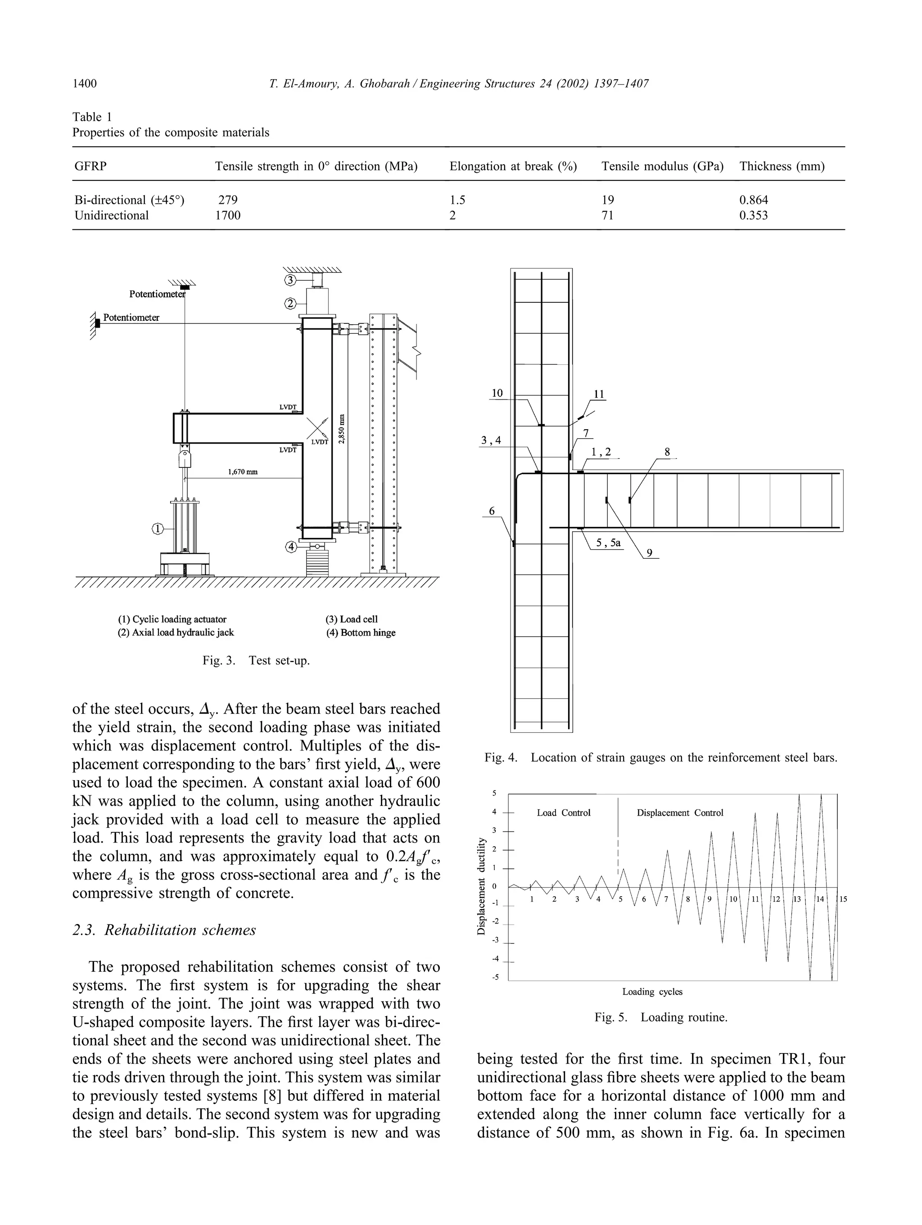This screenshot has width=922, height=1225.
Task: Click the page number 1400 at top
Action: (84, 84)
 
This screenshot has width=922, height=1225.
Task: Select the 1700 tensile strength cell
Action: (228, 215)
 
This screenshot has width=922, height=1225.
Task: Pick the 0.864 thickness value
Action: (754, 200)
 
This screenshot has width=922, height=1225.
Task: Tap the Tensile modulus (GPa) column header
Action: (662, 166)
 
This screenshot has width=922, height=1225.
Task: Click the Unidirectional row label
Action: (111, 215)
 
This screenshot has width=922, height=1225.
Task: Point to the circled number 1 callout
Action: (158, 529)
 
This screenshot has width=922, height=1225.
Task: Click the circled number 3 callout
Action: (290, 280)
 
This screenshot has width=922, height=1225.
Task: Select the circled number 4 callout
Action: (291, 547)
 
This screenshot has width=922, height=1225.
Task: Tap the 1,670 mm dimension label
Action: (243, 472)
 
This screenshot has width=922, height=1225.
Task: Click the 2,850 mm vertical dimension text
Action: (342, 429)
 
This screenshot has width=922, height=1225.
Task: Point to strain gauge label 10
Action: (497, 393)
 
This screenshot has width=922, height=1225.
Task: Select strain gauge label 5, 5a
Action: (608, 543)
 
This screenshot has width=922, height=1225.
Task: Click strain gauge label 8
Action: (667, 452)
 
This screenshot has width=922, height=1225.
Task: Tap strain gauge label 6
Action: (492, 511)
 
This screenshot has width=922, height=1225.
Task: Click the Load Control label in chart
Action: (564, 812)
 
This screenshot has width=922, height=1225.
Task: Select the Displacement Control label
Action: (680, 812)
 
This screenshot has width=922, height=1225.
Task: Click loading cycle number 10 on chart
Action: (733, 899)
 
